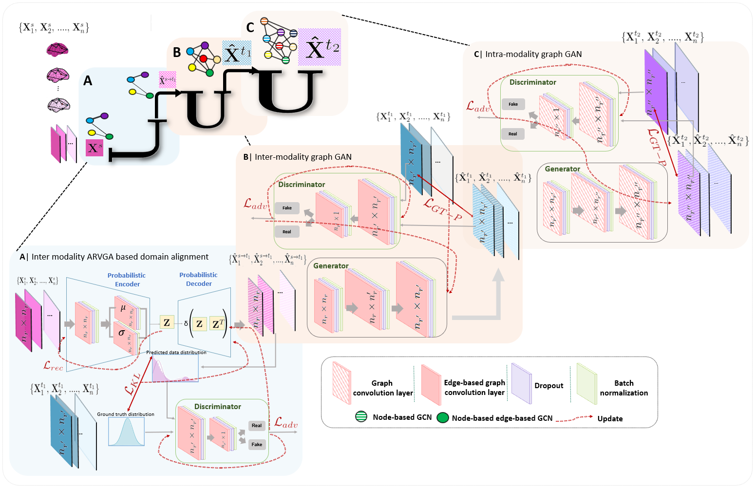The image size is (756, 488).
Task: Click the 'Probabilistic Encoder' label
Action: (127, 280)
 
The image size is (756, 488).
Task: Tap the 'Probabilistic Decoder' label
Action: (198, 279)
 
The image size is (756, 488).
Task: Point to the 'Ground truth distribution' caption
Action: (126, 414)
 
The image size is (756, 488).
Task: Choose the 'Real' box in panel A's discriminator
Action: (257, 425)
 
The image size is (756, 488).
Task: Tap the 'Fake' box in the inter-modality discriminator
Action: (287, 208)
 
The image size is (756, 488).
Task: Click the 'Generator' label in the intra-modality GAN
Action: (562, 169)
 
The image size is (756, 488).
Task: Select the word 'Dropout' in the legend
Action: (548, 386)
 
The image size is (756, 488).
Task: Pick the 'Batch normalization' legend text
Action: (624, 388)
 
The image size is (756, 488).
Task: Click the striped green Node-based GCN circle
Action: (361, 417)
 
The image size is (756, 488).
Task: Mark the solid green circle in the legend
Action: (442, 417)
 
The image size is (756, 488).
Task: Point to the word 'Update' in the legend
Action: (610, 418)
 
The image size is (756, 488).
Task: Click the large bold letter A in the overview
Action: (88, 80)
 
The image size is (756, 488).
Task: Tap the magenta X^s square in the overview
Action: (94, 148)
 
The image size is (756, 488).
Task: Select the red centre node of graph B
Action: (203, 59)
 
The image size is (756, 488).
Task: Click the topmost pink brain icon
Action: (57, 49)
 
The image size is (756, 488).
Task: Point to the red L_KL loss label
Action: (132, 383)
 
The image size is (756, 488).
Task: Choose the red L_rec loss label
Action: (53, 365)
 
